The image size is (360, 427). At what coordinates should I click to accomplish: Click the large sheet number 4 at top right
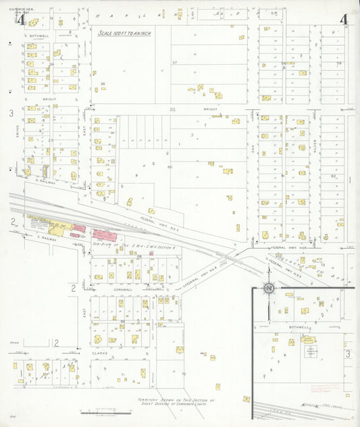(344, 19)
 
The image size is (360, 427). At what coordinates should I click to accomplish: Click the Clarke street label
(100, 352)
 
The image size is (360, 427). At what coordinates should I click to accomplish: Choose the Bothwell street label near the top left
(39, 36)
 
